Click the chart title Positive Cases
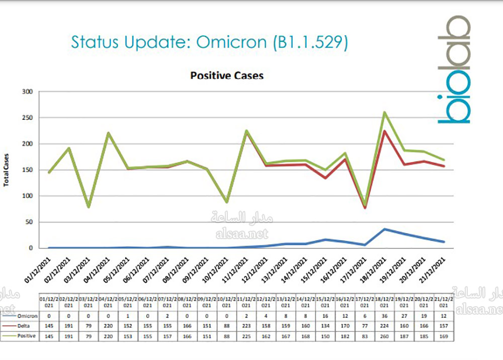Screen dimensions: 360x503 227,76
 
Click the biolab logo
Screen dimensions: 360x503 454,70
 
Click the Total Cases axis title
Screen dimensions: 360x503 7,170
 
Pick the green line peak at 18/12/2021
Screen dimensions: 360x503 384,112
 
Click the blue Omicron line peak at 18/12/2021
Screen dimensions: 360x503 384,229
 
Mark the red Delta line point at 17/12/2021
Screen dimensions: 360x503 365,208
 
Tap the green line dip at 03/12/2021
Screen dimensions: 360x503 89,206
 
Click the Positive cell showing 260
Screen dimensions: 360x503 384,336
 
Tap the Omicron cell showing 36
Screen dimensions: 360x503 384,316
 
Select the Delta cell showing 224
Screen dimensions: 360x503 384,326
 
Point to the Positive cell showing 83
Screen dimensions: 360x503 365,336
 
